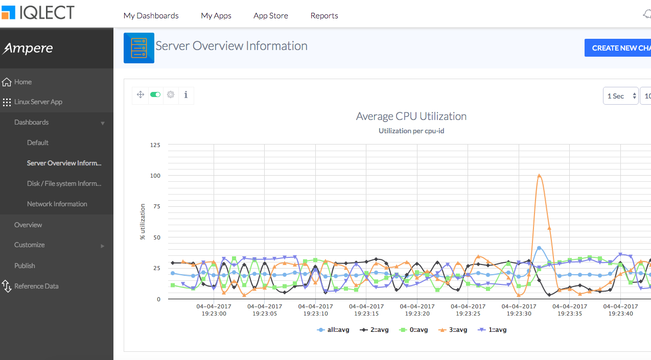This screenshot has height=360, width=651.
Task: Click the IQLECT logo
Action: [x=38, y=13]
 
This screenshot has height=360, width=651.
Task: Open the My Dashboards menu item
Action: [x=151, y=16]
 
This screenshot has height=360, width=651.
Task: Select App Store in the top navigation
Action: [x=270, y=16]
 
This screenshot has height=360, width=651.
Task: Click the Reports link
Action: [x=324, y=16]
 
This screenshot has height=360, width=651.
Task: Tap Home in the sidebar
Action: [x=22, y=82]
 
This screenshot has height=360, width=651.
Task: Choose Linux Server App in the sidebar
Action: [x=38, y=102]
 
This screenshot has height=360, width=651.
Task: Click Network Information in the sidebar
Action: [x=57, y=204]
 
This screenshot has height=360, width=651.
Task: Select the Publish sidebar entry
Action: [x=25, y=266]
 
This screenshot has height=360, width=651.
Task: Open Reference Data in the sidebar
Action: [x=36, y=286]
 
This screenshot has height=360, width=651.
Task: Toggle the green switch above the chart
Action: [x=155, y=94]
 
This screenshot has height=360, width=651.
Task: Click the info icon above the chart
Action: [x=185, y=94]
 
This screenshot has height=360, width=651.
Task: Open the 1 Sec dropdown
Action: [x=620, y=96]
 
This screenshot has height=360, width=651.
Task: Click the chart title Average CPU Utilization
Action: [x=411, y=116]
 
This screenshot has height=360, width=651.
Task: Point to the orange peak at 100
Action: [x=539, y=176]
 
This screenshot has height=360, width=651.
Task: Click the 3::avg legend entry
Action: [x=453, y=330]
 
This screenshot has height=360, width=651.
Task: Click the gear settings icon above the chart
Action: [x=171, y=94]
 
